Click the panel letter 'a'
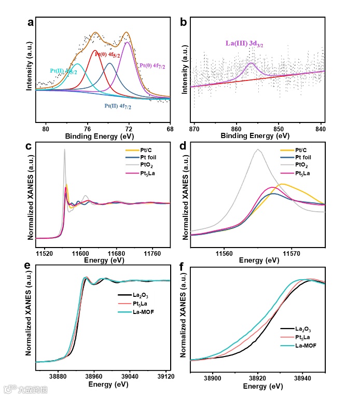click(x=31, y=22)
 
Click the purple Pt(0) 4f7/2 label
click(x=154, y=65)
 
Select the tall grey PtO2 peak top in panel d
click(x=257, y=149)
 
